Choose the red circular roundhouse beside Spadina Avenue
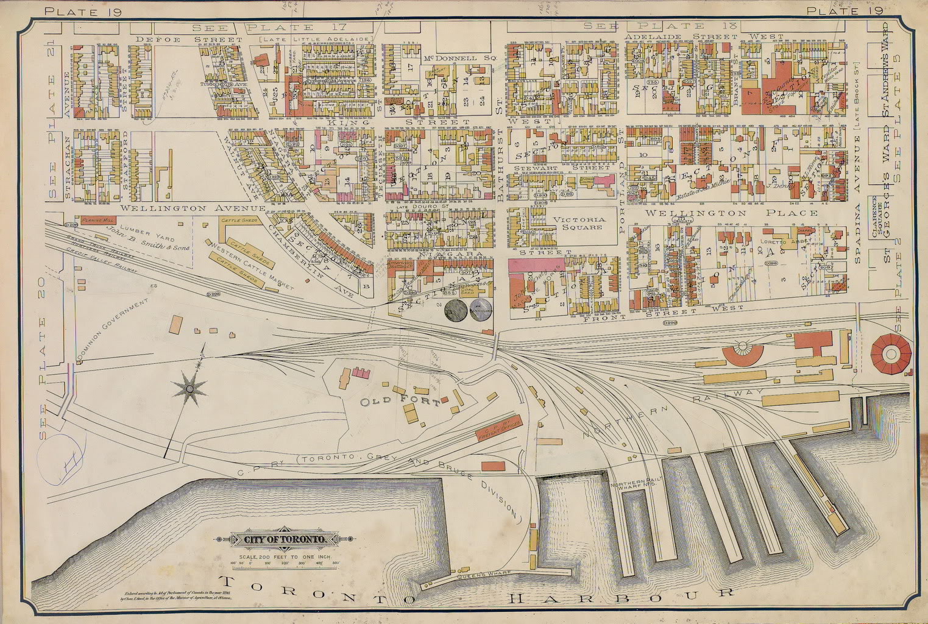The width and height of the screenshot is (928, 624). [x=890, y=354]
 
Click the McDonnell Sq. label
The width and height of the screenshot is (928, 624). [x=461, y=58]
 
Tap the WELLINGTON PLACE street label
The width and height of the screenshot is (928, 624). [x=731, y=213]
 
